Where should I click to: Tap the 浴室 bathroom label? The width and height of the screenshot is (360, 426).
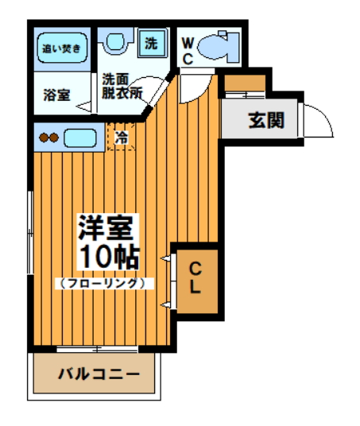(56, 95)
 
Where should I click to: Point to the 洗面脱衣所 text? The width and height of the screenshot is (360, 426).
(122, 87)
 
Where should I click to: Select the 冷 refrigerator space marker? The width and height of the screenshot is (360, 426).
(121, 137)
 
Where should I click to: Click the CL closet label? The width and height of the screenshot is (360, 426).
(195, 277)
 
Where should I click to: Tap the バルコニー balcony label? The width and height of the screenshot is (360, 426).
(99, 374)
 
